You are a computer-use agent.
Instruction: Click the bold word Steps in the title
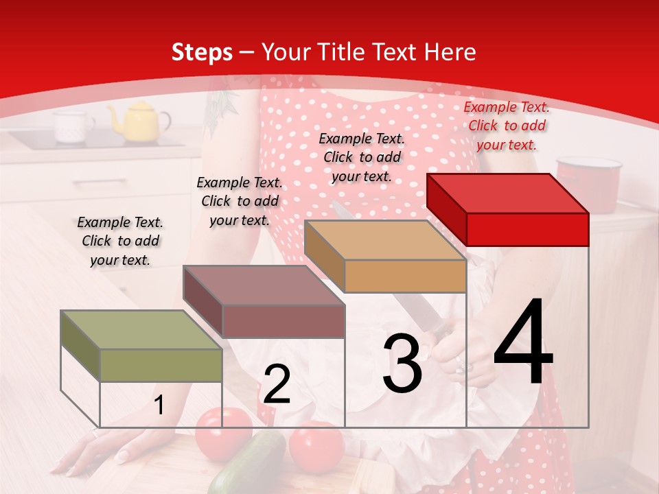pos(202,52)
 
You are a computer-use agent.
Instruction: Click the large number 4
pos(523,343)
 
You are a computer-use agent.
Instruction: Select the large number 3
pos(402,364)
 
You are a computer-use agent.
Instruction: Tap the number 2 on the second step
pos(277,384)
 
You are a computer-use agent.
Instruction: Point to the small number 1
pos(159,405)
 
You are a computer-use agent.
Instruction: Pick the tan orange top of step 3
pos(386,240)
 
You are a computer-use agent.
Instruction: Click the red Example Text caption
pos(507,126)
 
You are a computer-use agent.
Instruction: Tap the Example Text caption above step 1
pos(120,241)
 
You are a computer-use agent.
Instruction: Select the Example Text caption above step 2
pos(240,201)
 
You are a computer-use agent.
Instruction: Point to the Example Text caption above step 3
pos(362,157)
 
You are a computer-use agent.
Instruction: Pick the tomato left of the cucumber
pos(223,431)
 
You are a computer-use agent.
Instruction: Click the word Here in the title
pos(450,52)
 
